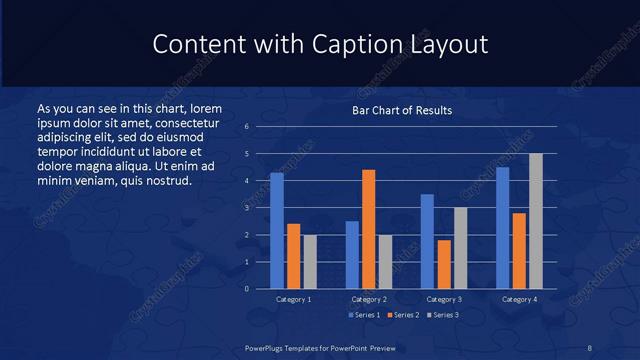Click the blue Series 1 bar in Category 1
[277, 231]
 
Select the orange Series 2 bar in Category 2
[369, 229]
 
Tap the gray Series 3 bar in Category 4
[536, 221]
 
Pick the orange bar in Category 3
[444, 264]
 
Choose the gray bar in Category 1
[309, 262]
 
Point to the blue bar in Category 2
[352, 255]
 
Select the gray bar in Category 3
[460, 248]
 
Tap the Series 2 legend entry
[402, 315]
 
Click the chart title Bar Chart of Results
[402, 110]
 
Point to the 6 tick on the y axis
[246, 127]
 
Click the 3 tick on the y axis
[246, 208]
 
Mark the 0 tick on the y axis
[246, 289]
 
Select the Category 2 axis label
[369, 299]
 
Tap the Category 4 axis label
[519, 299]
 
